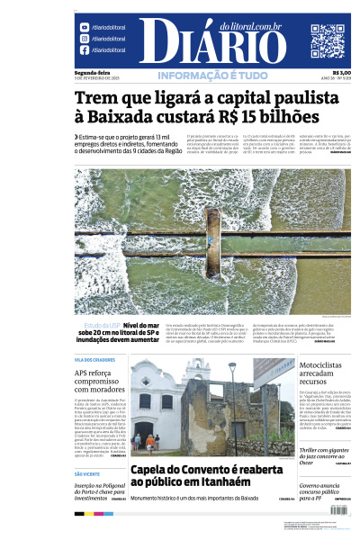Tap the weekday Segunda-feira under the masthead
[x=92, y=72]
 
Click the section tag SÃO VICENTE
[x=87, y=473]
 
